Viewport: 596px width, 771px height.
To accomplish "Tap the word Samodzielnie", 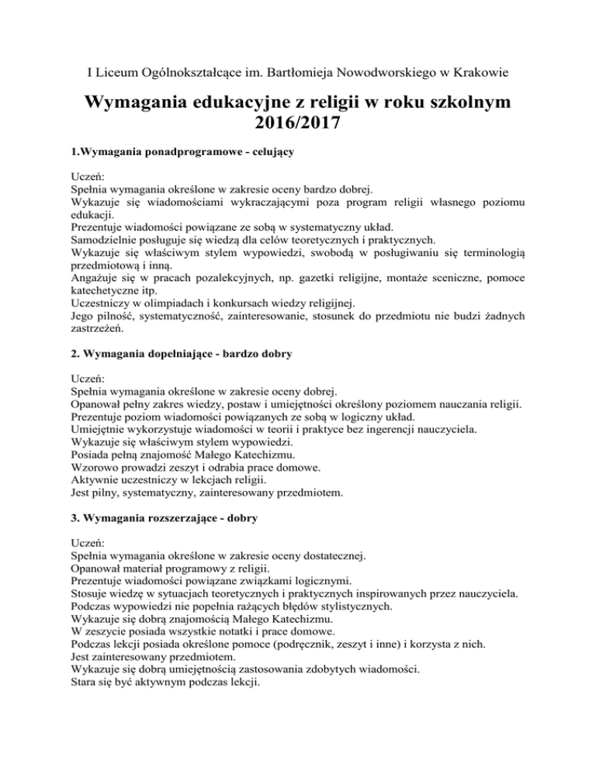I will tap(104, 240).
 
